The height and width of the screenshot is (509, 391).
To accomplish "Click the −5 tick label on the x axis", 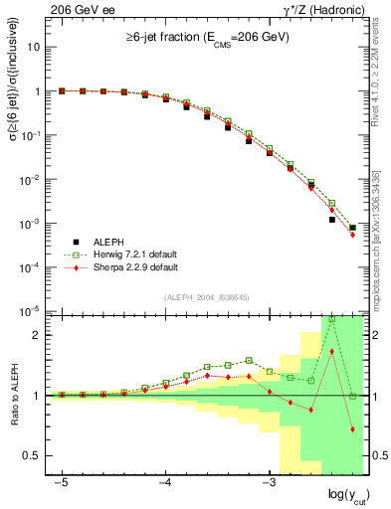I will [x=62, y=480].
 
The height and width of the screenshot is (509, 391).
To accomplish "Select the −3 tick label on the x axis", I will [x=268, y=480].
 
